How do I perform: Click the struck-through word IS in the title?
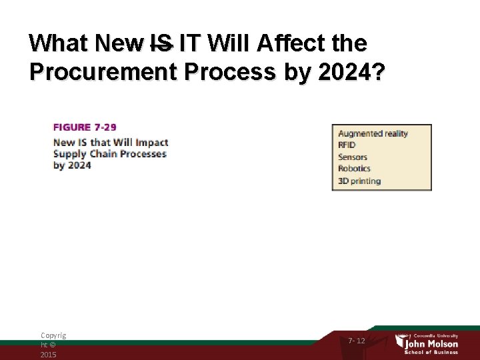(160, 44)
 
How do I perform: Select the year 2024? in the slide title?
(350, 71)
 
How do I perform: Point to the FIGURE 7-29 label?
(85, 127)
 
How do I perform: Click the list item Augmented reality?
(373, 133)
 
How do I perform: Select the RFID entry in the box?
(347, 145)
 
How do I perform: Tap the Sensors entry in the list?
(353, 157)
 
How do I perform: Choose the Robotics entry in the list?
(354, 169)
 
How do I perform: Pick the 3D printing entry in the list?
(359, 181)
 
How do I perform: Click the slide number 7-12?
(357, 341)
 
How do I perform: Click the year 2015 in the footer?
(48, 355)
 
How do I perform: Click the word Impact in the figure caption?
(152, 142)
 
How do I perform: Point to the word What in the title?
(59, 44)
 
